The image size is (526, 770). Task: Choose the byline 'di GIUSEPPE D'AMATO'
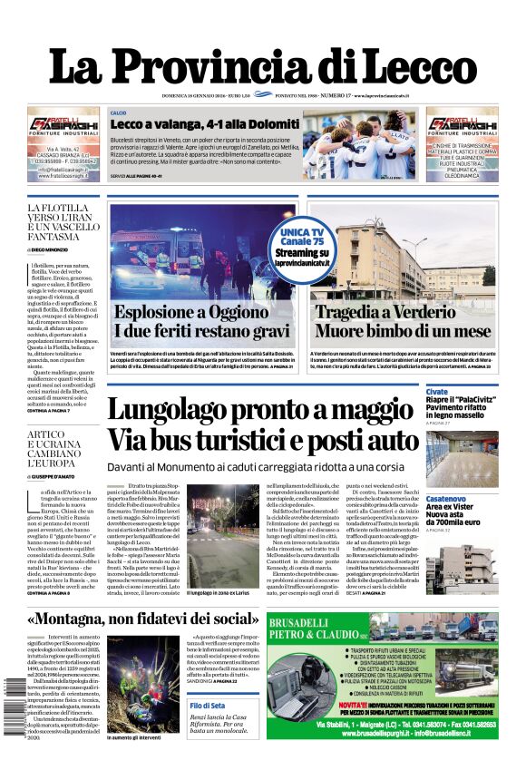[x=58, y=475]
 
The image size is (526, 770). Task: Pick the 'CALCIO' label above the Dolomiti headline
[x=118, y=112]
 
